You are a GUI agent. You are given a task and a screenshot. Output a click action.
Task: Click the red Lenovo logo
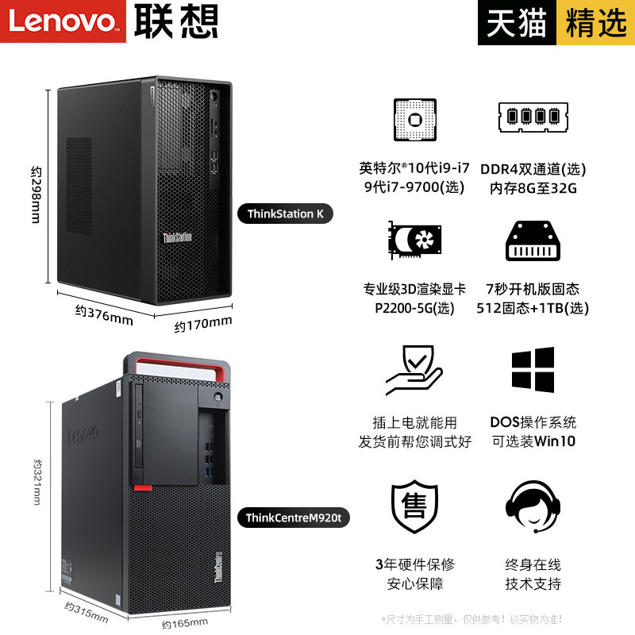pos(63,21)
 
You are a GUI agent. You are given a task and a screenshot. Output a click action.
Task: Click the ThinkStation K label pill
pos(286,214)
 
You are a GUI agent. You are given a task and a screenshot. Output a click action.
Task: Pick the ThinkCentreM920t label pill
pos(293,518)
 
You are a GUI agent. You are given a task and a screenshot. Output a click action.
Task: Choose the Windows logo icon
pos(533,368)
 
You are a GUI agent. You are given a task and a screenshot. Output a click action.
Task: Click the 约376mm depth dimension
pos(104,314)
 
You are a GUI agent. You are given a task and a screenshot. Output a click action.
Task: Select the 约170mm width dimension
pos(203,323)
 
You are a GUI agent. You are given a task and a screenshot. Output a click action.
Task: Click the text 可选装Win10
pos(533,441)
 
